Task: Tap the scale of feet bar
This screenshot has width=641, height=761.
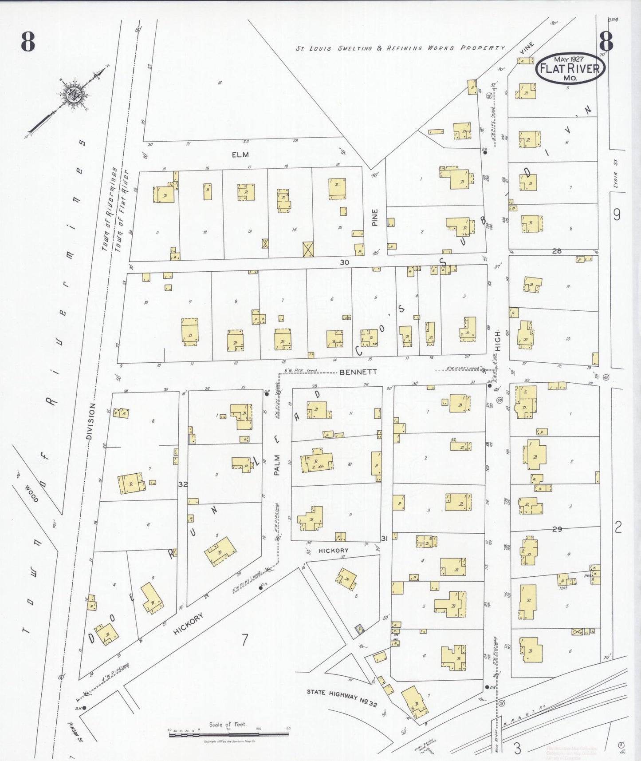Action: point(228,734)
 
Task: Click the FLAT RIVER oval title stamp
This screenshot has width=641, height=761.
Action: point(570,68)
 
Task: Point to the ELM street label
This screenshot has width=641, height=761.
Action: point(240,155)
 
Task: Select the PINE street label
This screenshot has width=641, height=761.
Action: point(375,218)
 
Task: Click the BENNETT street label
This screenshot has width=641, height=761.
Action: point(358,372)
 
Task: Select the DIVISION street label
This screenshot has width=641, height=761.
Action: point(91,421)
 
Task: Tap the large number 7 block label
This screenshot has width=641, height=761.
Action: point(244,640)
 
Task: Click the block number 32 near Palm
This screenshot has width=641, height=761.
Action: point(183,484)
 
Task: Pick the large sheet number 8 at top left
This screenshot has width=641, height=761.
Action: point(28,42)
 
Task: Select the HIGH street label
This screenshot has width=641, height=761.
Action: point(498,341)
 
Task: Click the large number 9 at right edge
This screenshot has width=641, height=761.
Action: point(617,214)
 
